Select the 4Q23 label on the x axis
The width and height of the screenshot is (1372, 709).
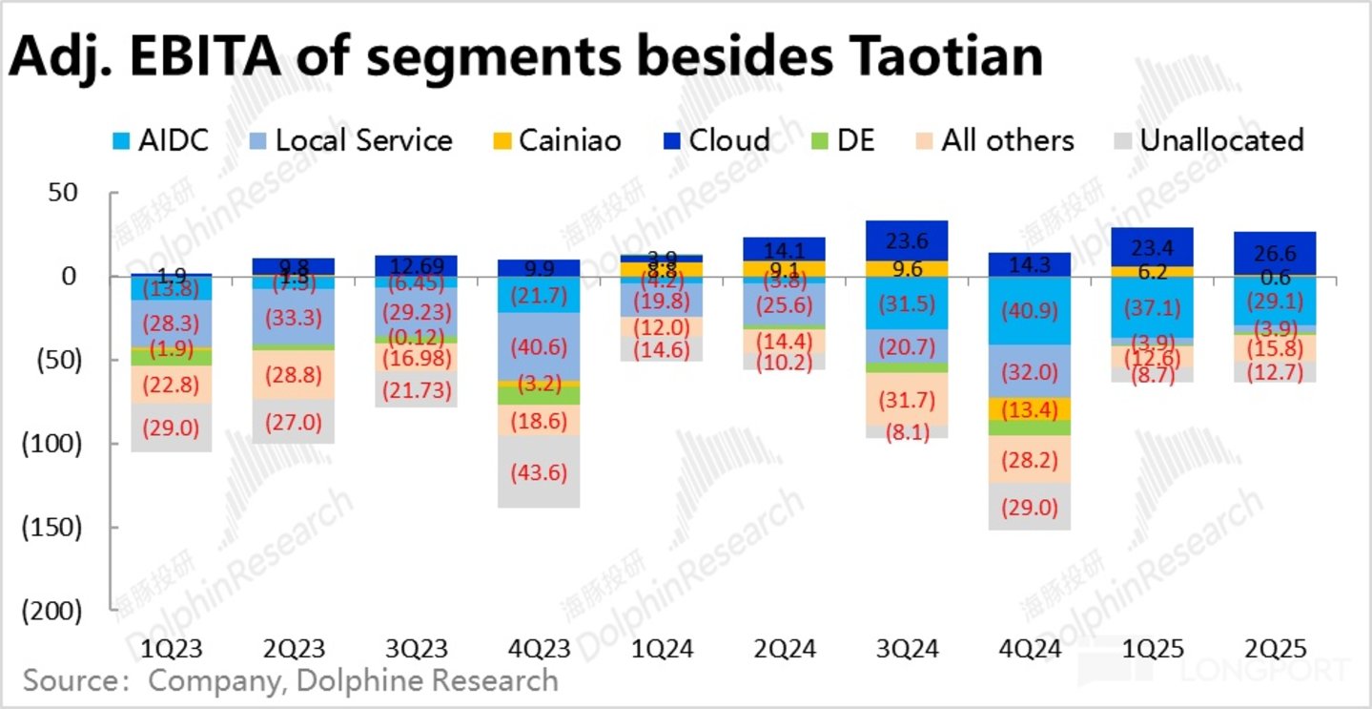pyautogui.click(x=538, y=649)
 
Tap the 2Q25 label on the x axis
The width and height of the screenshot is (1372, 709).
pyautogui.click(x=1269, y=649)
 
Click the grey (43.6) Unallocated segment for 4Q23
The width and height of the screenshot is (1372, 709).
pyautogui.click(x=538, y=472)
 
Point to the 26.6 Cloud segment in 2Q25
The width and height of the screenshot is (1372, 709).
pyautogui.click(x=1269, y=253)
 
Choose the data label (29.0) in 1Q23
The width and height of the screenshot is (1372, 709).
pyautogui.click(x=173, y=427)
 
